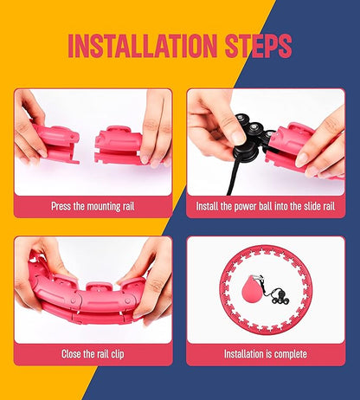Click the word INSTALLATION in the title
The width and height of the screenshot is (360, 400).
click(x=143, y=46)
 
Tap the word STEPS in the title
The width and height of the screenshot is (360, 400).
click(x=259, y=46)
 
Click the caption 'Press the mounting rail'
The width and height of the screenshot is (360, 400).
click(x=93, y=206)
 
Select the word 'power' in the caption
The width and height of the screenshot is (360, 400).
click(x=245, y=206)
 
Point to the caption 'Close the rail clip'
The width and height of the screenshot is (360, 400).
click(x=93, y=354)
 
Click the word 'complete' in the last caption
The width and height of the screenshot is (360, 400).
click(x=291, y=354)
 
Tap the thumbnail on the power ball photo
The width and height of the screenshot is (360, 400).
click(x=238, y=138)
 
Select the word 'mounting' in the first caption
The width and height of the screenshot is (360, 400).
click(x=106, y=207)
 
